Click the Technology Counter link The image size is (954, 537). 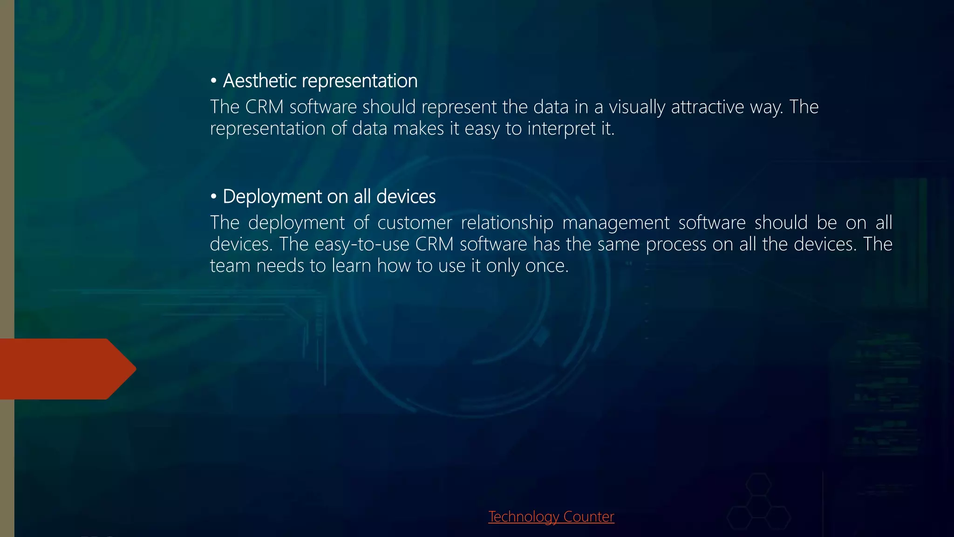[x=551, y=516]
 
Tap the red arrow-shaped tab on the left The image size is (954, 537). [x=65, y=369]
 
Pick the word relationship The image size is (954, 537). [x=507, y=223]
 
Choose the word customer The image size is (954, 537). [x=414, y=223]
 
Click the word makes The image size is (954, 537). [x=418, y=129]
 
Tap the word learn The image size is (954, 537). [x=351, y=266]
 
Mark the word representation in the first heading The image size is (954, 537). [x=359, y=81]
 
